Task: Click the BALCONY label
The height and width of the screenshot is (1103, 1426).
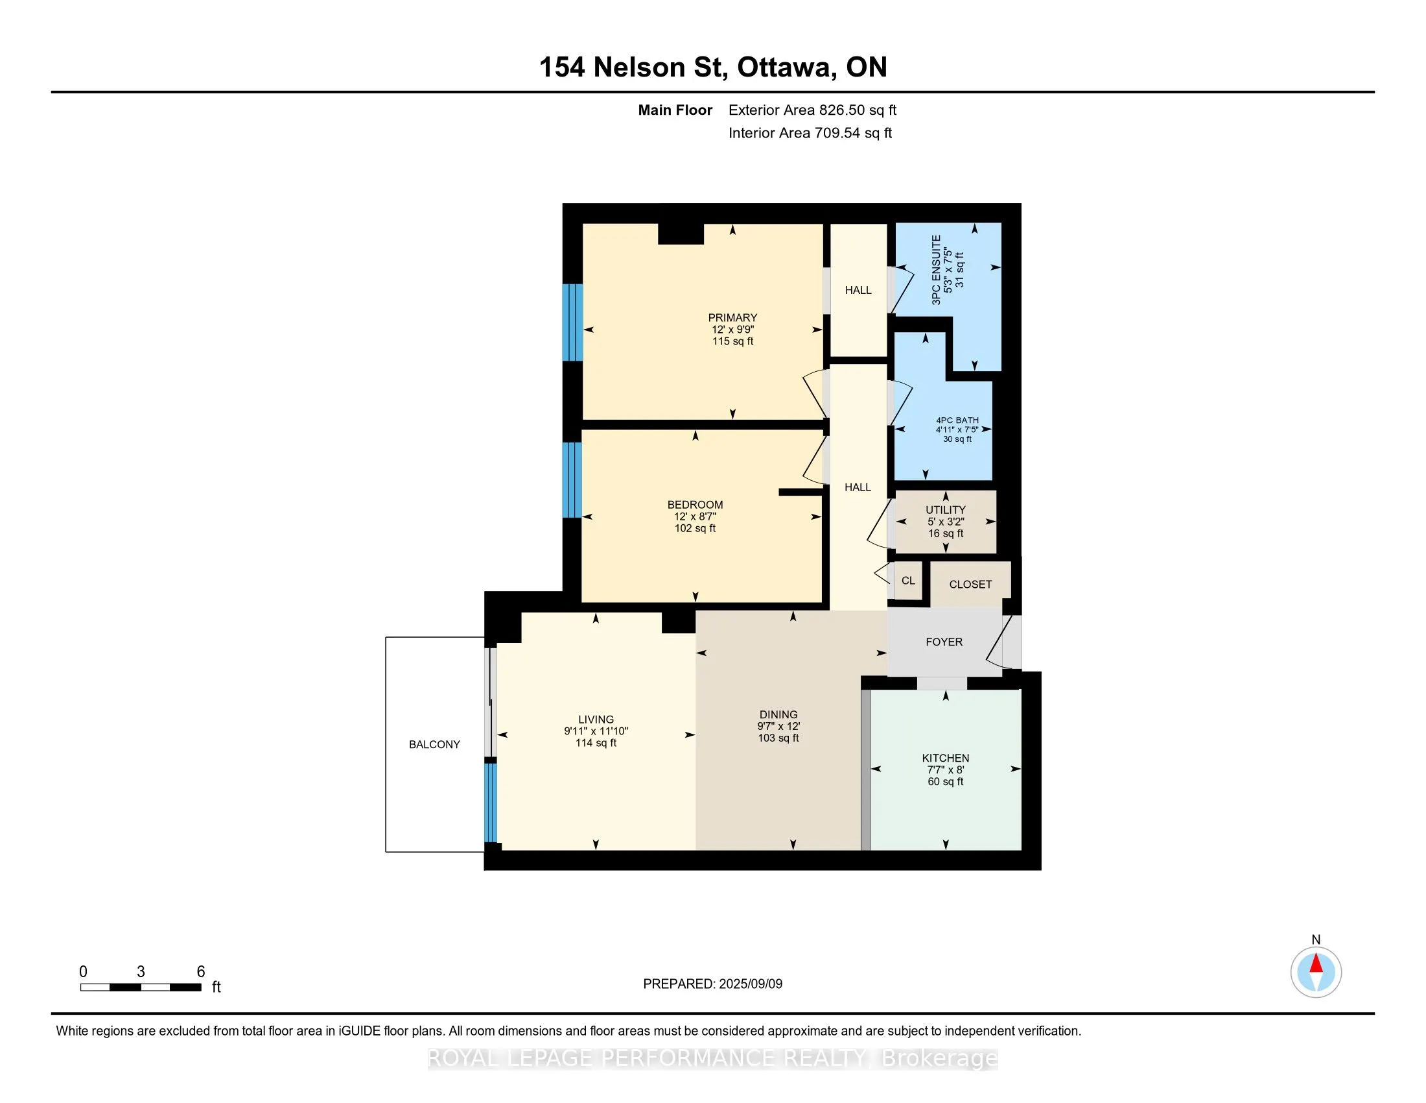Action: click(x=434, y=744)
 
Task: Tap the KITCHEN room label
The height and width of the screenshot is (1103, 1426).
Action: click(x=945, y=758)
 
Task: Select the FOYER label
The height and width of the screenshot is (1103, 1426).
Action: click(x=944, y=642)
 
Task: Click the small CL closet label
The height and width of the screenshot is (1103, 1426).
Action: click(x=907, y=580)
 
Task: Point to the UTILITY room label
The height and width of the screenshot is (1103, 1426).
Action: click(x=945, y=510)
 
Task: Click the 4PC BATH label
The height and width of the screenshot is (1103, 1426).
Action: click(x=957, y=420)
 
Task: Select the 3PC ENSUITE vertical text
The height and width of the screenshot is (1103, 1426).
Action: click(x=937, y=270)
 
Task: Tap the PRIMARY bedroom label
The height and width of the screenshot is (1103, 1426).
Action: click(x=732, y=317)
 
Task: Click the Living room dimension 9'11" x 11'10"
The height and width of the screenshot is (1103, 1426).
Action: click(x=596, y=731)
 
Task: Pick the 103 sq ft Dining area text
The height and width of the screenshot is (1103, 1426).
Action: click(x=778, y=738)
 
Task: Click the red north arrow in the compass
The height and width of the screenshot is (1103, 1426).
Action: click(x=1316, y=964)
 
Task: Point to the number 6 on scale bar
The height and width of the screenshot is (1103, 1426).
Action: click(x=201, y=972)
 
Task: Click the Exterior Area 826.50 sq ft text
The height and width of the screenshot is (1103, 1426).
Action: click(x=812, y=110)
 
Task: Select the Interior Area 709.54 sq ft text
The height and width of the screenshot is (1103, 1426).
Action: click(x=810, y=132)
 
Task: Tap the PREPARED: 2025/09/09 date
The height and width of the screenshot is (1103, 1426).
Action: click(x=712, y=984)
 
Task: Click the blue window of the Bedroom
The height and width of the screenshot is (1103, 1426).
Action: click(x=572, y=479)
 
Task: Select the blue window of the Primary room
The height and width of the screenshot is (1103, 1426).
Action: click(x=572, y=322)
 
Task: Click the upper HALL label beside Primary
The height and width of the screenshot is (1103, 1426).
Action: click(x=858, y=290)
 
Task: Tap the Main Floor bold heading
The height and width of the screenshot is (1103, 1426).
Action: click(x=675, y=110)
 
